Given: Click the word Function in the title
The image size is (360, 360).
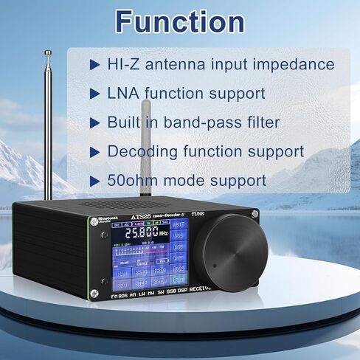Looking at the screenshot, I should point(180,21).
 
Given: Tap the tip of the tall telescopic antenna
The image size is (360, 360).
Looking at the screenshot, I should point(48,52).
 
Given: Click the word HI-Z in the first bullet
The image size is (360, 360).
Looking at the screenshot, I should point(123,65).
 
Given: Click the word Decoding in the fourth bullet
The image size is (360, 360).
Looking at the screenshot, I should point(142,152).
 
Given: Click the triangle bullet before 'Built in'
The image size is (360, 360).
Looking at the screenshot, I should point(93,123).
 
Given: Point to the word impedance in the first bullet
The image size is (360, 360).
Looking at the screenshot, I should point(292,65).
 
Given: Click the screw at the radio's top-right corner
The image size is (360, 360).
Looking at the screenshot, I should point(255,215).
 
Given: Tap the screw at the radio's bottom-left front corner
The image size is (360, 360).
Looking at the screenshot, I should point(94,294).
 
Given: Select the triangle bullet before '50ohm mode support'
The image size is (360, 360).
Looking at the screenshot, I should point(93,181).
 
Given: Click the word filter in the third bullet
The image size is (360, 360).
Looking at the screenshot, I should point(274,123).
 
